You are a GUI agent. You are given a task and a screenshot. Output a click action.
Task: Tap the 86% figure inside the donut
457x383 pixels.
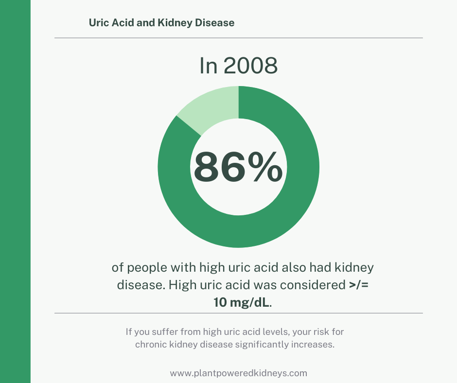[238, 167]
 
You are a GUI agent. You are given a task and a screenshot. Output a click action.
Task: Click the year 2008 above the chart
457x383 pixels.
[251, 66]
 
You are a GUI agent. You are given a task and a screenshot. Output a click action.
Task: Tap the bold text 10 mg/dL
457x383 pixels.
[241, 302]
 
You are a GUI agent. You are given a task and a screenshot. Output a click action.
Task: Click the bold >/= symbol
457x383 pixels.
[359, 285]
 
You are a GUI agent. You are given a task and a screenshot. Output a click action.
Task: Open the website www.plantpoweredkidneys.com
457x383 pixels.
[238, 373]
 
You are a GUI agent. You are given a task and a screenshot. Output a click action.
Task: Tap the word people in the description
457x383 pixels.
[147, 268]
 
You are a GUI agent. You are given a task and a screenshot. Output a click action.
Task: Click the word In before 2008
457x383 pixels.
[209, 66]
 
